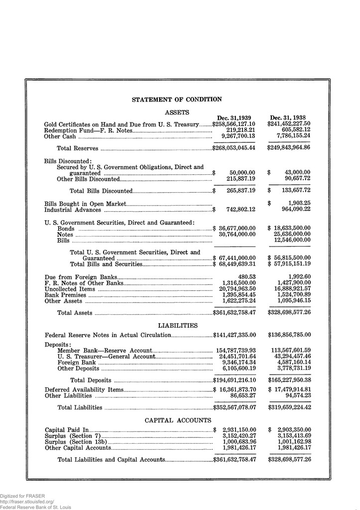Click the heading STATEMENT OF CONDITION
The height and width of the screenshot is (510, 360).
point(177,100)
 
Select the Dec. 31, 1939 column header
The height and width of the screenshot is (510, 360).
point(234,118)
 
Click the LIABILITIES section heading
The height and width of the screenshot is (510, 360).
point(178,326)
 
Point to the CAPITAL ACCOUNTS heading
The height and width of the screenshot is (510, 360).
point(178,420)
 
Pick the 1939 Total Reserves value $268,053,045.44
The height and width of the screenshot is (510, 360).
point(234,148)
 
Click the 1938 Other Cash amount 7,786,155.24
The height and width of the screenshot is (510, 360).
point(291,135)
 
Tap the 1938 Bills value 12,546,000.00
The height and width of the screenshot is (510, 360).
point(292,241)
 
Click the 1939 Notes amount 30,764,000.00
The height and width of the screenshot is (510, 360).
point(237,234)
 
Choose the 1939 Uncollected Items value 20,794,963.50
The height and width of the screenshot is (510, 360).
point(237,289)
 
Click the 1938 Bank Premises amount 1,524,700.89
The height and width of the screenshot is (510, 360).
point(292,295)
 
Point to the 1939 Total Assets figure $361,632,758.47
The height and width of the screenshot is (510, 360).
point(234,313)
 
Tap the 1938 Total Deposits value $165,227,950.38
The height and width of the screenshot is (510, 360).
point(289,381)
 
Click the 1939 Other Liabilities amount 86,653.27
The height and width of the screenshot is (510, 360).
point(243,396)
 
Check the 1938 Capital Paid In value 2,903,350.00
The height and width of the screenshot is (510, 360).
point(294,429)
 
